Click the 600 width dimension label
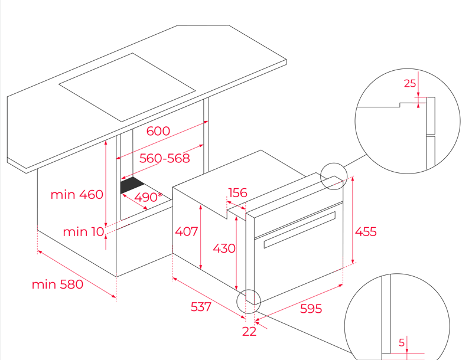point(158,131)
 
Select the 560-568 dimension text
point(164,158)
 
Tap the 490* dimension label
point(148,197)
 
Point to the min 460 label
point(77,194)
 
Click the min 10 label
point(83,232)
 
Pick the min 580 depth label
point(57,284)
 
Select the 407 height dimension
point(187,232)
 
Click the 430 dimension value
point(224,248)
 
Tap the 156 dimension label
point(237,193)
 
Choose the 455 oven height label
point(366,232)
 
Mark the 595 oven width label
point(311,309)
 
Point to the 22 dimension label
point(249,332)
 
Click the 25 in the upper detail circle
point(410,83)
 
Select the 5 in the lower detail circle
point(402,342)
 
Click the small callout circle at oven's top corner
point(334,176)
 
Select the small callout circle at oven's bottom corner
point(248,301)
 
